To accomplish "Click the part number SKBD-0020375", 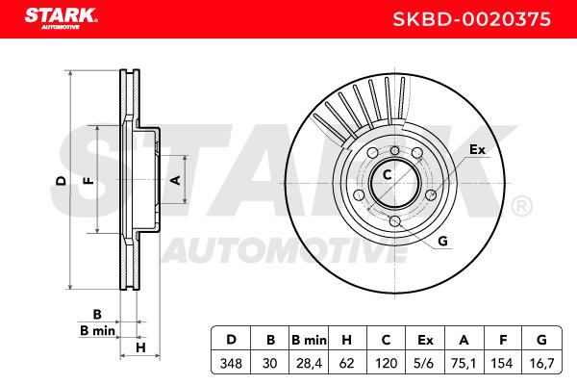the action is coord(472,19).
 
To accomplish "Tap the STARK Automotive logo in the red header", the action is coord(62,18).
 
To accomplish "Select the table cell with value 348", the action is coord(231,364).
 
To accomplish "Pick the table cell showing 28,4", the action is coord(309,364).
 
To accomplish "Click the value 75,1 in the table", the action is coord(464,364).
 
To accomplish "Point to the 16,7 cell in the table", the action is coord(541,364).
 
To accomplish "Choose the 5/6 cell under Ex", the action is coord(423,364).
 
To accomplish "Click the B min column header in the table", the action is coord(309,340).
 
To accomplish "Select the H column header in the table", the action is coord(346,340).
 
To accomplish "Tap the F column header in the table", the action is coord(503,340).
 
